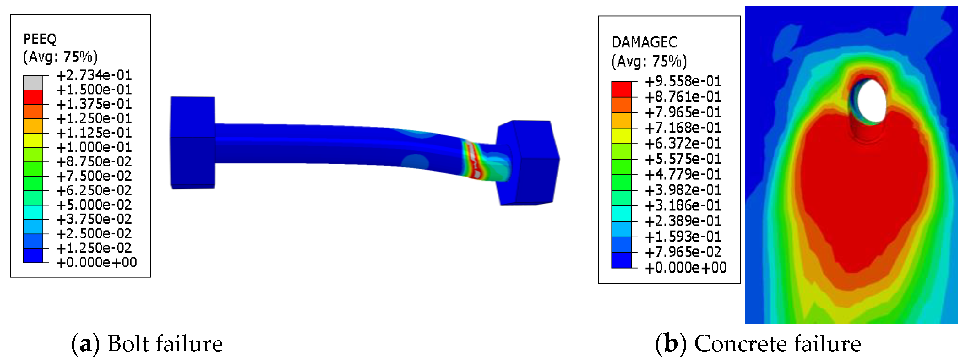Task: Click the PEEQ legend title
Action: [x=40, y=39]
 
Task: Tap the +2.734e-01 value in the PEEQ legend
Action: [x=94, y=75]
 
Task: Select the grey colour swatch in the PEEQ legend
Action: [x=33, y=83]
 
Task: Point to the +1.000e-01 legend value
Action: [x=94, y=147]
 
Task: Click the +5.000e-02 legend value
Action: [x=94, y=205]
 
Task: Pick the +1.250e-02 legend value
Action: [x=94, y=248]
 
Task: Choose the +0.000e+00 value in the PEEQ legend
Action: [x=96, y=262]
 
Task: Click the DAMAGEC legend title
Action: [x=644, y=42]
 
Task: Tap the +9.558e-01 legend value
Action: [x=683, y=81]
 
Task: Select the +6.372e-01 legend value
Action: [x=683, y=143]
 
